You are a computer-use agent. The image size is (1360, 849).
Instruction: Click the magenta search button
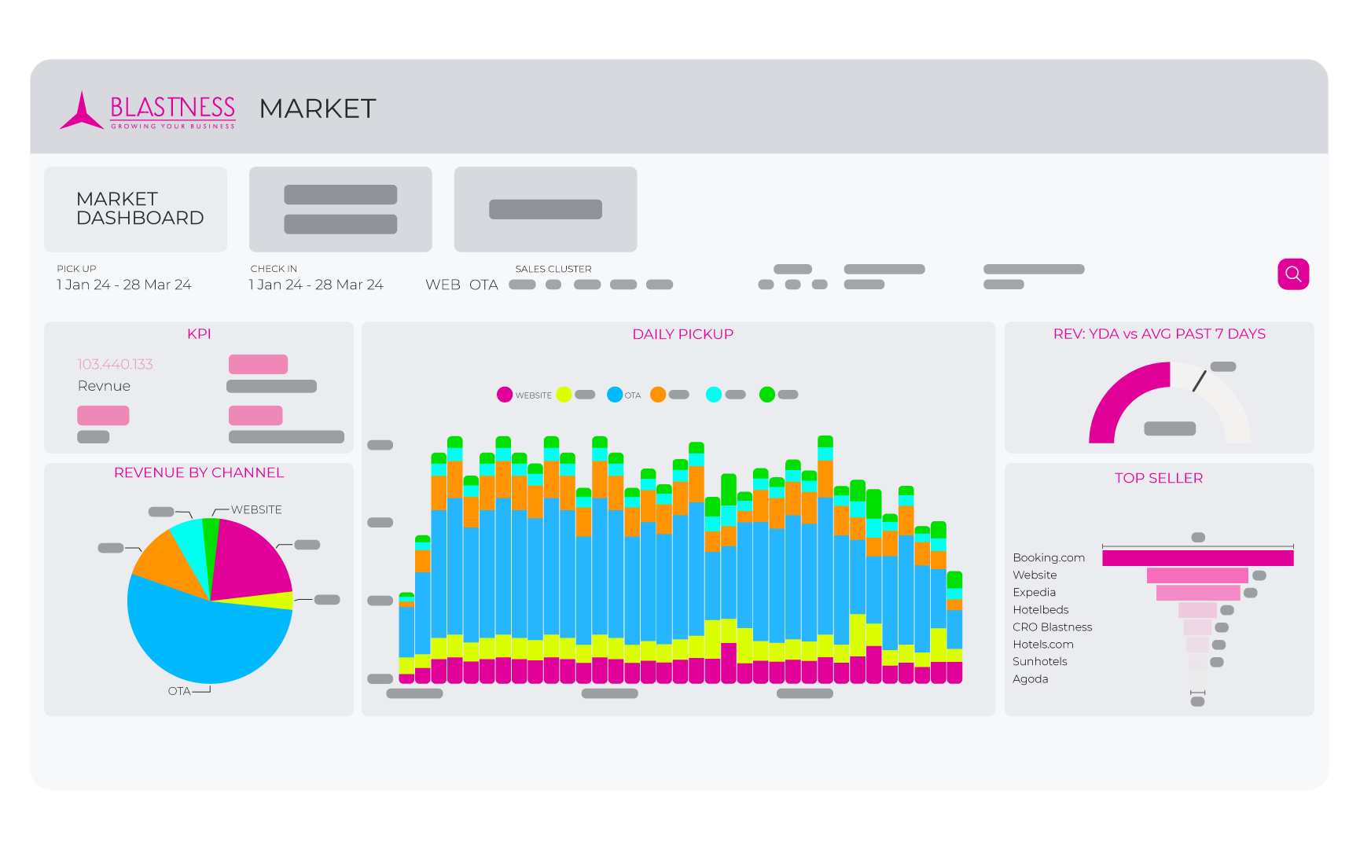[x=1293, y=274]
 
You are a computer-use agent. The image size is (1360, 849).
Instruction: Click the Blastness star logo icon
[x=82, y=112]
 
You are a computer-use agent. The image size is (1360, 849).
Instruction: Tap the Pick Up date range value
[x=124, y=285]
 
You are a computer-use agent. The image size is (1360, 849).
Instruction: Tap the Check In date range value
[x=316, y=285]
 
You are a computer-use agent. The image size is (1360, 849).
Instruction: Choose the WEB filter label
[x=443, y=285]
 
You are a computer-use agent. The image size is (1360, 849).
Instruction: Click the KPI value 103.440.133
[x=115, y=364]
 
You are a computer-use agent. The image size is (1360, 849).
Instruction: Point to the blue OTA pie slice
[x=204, y=637]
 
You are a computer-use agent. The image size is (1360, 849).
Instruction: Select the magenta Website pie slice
[x=248, y=558]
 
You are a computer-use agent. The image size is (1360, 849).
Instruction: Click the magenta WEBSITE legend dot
[x=505, y=395]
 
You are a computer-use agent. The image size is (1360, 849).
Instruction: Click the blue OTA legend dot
[x=615, y=395]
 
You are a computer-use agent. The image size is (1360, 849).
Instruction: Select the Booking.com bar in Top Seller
[x=1197, y=558]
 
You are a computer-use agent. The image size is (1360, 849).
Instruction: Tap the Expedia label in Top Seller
[x=1034, y=593]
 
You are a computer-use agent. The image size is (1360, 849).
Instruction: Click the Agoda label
[x=1030, y=679]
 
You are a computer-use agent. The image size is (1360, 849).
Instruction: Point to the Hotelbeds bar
[x=1197, y=610]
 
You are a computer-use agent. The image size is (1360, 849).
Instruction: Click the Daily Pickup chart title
[x=682, y=334]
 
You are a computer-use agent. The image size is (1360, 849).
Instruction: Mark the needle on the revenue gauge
[x=1199, y=381]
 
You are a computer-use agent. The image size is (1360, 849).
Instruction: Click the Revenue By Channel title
[x=199, y=472]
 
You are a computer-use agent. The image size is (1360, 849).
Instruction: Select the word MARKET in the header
[x=318, y=108]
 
